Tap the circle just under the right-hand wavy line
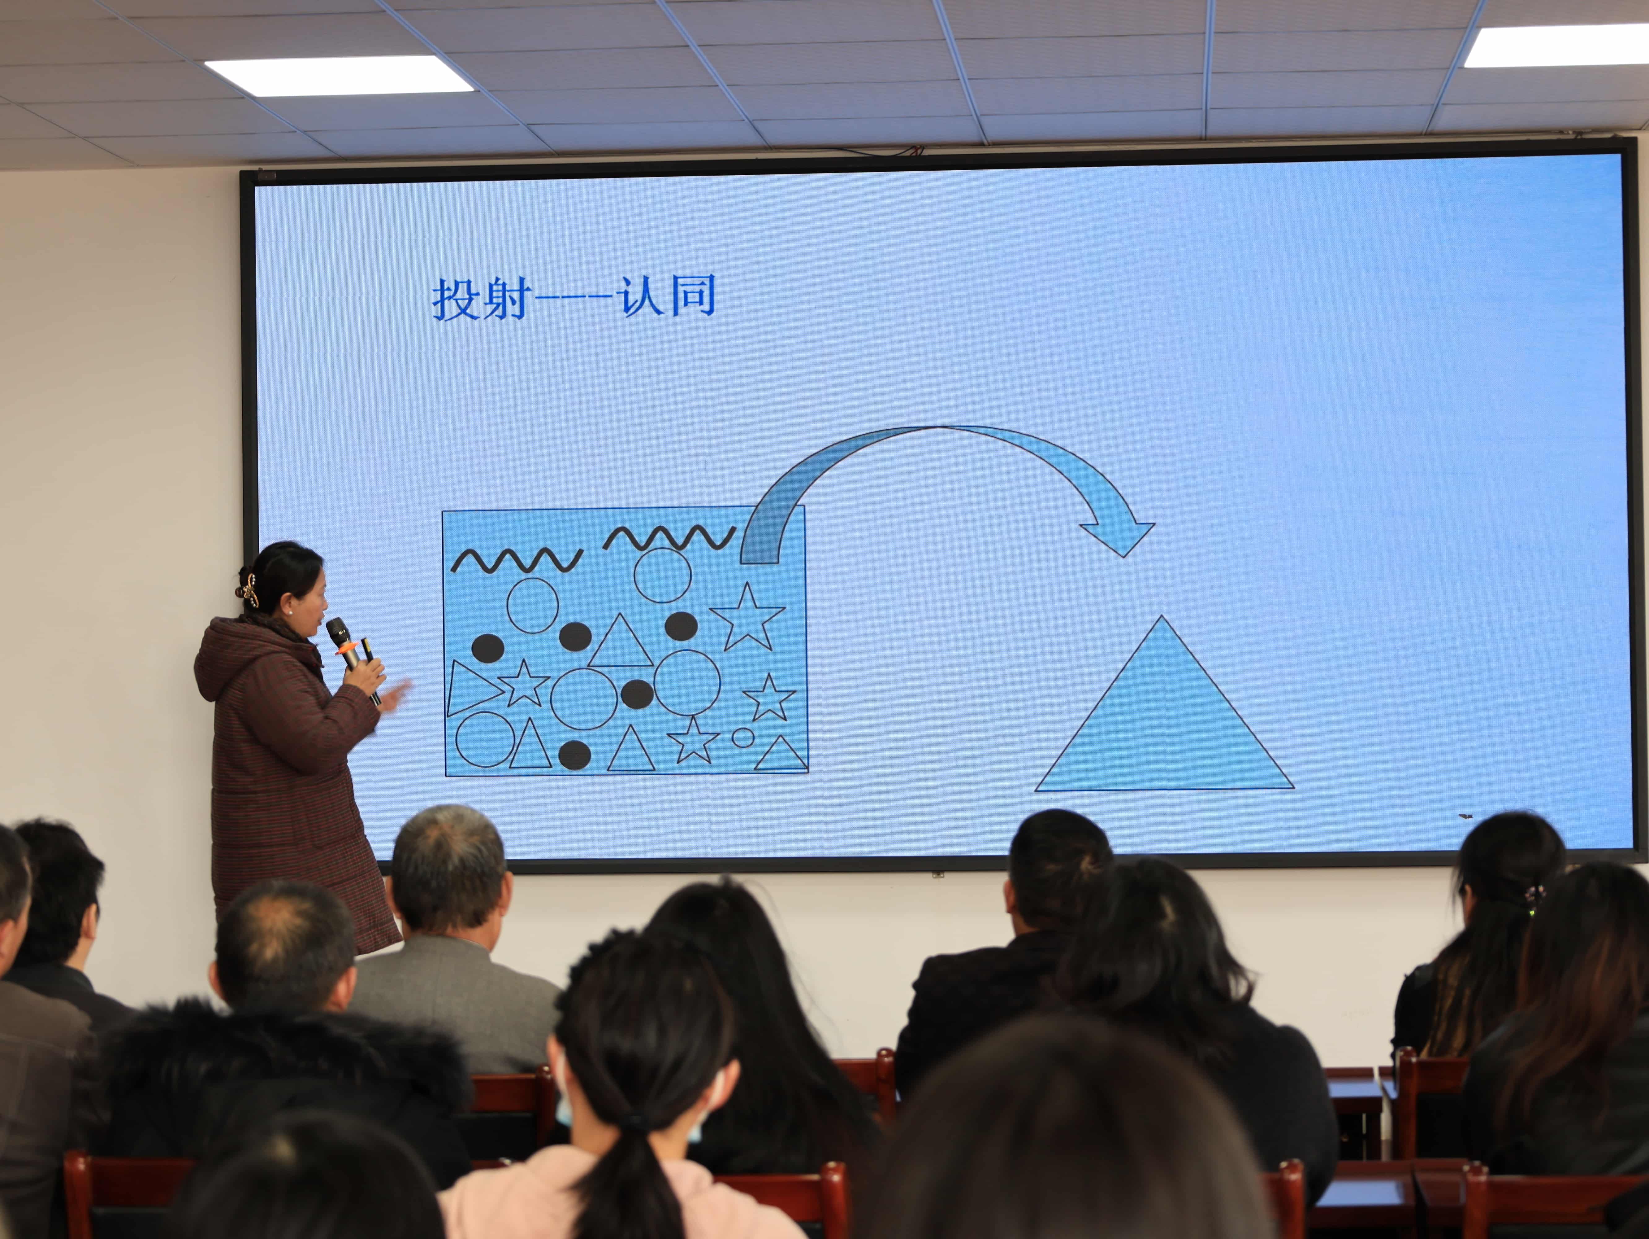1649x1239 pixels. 662,575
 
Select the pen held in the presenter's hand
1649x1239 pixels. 370,668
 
